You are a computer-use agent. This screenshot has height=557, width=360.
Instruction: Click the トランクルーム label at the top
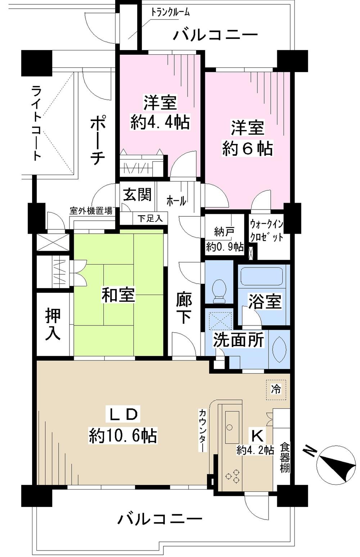pos(170,12)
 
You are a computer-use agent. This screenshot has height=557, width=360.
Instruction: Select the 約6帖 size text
pos(247,148)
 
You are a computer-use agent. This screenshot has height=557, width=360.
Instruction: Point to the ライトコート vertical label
pos(36,122)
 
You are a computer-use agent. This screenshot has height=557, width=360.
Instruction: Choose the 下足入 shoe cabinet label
pos(150,218)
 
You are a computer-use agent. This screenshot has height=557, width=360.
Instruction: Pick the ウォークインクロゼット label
pos(267,231)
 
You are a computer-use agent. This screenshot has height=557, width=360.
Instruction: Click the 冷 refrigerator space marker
pos(276,389)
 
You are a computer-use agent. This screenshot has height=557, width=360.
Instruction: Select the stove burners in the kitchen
pos(232,476)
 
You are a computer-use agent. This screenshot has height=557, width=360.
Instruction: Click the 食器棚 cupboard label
pos(285,457)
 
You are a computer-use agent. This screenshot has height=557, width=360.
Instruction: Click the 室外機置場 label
pos(91,211)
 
